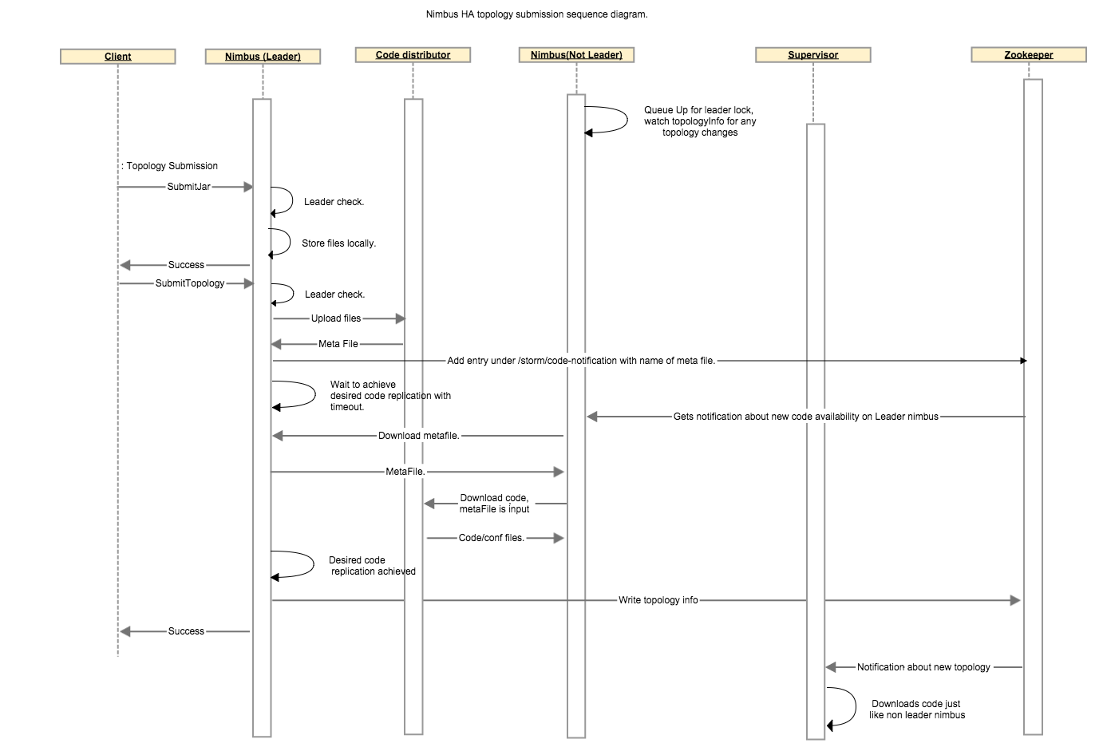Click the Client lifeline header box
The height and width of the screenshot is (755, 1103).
(x=118, y=57)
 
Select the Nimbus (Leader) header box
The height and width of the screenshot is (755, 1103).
(x=263, y=57)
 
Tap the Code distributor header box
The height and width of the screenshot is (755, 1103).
(x=413, y=55)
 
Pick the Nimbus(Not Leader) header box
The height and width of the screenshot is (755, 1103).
(x=576, y=55)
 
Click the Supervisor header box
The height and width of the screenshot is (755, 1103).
(x=812, y=55)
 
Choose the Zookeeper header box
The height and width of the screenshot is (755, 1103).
(x=1028, y=55)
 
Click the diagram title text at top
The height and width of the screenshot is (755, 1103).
(x=536, y=14)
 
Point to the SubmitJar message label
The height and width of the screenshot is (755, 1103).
(x=189, y=187)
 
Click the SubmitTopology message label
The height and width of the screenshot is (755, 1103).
(x=190, y=283)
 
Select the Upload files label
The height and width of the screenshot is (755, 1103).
(x=336, y=318)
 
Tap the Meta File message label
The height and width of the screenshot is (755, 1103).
(x=338, y=344)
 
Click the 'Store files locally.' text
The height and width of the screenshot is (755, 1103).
(x=338, y=243)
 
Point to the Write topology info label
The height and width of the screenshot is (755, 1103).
(x=658, y=600)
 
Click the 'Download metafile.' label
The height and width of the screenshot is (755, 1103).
(x=419, y=436)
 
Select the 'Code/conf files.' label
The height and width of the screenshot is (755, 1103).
(x=492, y=538)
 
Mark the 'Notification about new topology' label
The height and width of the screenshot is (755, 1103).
(x=923, y=667)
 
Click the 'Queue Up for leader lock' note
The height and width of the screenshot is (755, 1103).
(x=700, y=121)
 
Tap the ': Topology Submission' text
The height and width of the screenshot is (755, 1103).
(x=170, y=166)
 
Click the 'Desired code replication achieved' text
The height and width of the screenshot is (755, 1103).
(x=372, y=566)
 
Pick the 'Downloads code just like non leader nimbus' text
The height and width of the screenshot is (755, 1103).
(x=917, y=710)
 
